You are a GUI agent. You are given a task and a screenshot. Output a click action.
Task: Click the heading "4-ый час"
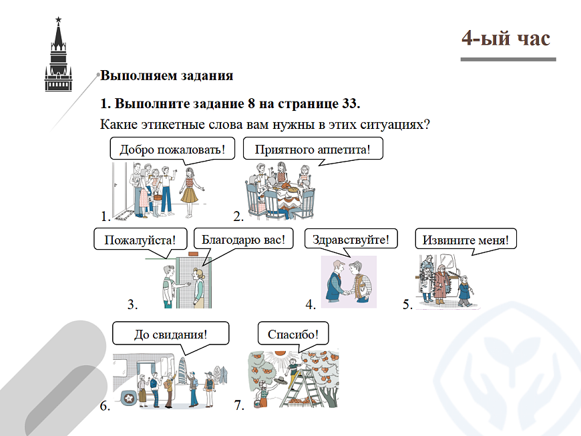(506, 38)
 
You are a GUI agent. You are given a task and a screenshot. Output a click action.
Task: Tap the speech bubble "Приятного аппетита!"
(312, 148)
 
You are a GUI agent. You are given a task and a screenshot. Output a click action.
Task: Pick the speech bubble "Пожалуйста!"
(139, 239)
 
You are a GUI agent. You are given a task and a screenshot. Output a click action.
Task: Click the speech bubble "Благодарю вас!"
(243, 238)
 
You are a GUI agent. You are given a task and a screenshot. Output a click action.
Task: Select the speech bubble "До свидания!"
(170, 333)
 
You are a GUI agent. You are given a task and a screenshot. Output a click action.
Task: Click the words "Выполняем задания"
(167, 75)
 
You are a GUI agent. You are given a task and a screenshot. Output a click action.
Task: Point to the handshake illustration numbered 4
(348, 281)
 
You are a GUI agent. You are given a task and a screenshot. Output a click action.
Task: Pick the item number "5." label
(407, 305)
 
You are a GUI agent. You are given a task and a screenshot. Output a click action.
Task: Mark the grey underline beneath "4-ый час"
(508, 59)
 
